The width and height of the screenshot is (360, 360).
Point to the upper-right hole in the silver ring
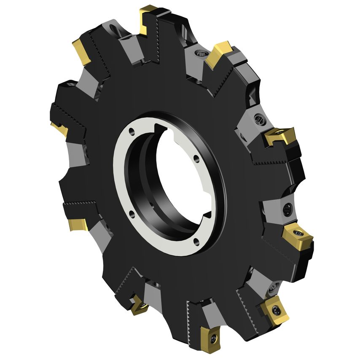pyautogui.click(x=197, y=159)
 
